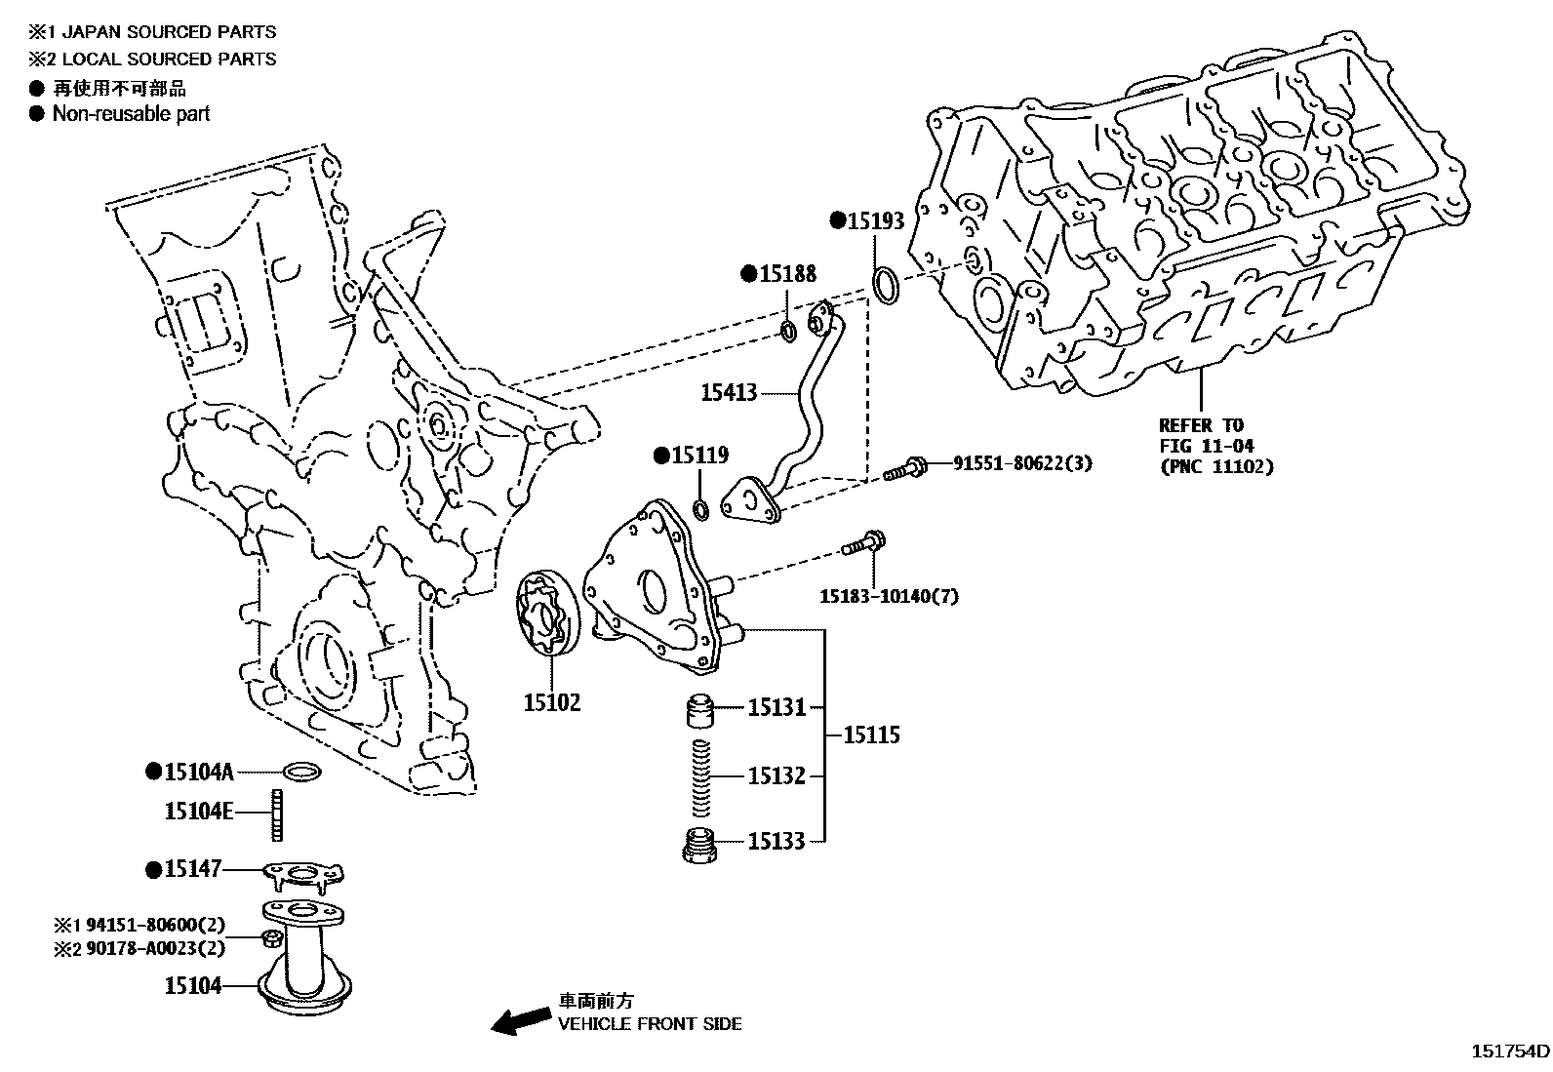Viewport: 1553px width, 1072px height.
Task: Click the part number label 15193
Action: (x=876, y=221)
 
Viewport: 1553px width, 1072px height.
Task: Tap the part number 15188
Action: (x=787, y=274)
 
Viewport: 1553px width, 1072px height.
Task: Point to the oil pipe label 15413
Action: (x=729, y=392)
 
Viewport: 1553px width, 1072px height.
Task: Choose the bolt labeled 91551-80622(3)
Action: (x=905, y=468)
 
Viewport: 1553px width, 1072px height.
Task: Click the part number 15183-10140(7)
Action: (x=889, y=596)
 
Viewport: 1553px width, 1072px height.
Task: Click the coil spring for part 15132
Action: (x=701, y=777)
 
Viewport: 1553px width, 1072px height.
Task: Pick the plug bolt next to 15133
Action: (x=699, y=846)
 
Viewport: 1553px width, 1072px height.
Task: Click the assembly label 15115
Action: (x=871, y=735)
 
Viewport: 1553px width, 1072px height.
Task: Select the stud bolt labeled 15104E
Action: (x=277, y=815)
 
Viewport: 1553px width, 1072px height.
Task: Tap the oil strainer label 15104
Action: (x=193, y=986)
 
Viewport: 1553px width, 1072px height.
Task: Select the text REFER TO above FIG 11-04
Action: (x=1202, y=425)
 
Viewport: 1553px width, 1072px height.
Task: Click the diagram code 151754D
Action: (x=1510, y=1052)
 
